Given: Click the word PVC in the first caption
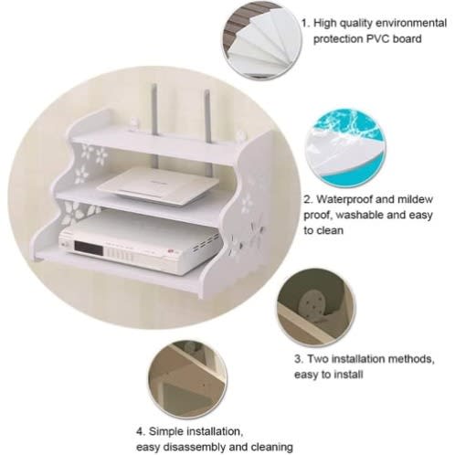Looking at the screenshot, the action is tap(378, 39).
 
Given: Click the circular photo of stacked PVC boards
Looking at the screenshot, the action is tap(261, 40).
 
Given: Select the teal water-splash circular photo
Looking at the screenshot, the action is tap(345, 148).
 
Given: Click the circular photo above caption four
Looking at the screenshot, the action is tap(187, 379).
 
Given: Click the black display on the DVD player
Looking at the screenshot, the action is tap(89, 249).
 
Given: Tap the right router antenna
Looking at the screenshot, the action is tap(208, 117).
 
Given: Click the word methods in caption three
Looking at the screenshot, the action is tap(411, 359).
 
